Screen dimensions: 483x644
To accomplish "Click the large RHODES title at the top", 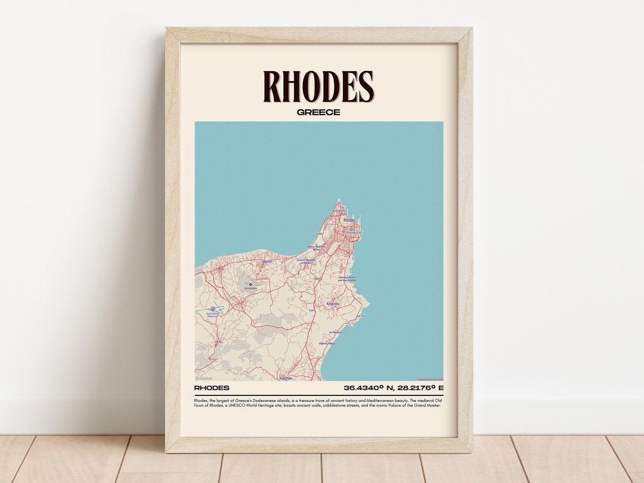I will (318, 87).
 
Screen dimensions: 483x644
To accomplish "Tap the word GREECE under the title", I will (318, 112).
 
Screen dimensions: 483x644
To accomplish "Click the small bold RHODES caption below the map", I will (212, 388).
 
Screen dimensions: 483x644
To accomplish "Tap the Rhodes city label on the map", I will (349, 220).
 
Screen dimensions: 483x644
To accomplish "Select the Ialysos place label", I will (267, 261).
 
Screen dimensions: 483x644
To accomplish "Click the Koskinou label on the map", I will (333, 304).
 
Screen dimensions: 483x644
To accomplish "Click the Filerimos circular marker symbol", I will (250, 284).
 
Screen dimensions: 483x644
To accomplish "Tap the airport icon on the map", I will (213, 309).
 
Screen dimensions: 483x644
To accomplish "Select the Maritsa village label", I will (218, 342).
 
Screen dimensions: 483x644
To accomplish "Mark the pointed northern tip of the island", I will (339, 200).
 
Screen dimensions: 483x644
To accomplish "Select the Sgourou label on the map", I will (318, 278).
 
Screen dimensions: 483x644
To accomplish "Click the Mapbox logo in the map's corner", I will (204, 378).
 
